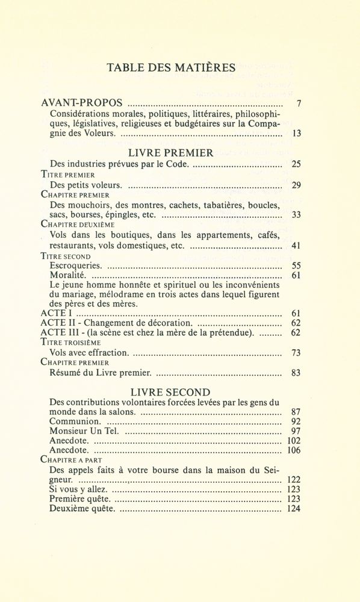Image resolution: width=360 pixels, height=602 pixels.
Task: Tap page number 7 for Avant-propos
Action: click(x=299, y=104)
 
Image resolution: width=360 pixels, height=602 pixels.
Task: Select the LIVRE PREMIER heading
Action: click(x=172, y=153)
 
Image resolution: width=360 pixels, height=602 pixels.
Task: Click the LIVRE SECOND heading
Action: click(x=173, y=392)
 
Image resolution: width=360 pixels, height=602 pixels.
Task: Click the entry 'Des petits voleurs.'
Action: click(x=86, y=185)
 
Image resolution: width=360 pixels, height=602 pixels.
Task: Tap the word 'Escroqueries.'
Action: click(x=76, y=265)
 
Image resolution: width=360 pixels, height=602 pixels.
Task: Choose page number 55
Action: click(x=296, y=265)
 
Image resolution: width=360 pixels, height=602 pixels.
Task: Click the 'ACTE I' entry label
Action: click(x=54, y=314)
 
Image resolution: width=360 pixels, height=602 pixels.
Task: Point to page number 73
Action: click(x=296, y=352)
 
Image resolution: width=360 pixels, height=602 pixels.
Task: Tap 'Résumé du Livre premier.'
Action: click(x=96, y=372)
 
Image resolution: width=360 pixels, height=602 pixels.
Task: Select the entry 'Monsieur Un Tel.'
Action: click(x=84, y=431)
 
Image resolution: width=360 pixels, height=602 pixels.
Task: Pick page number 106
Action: click(x=293, y=450)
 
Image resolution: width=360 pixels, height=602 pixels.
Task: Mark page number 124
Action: click(x=293, y=509)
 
